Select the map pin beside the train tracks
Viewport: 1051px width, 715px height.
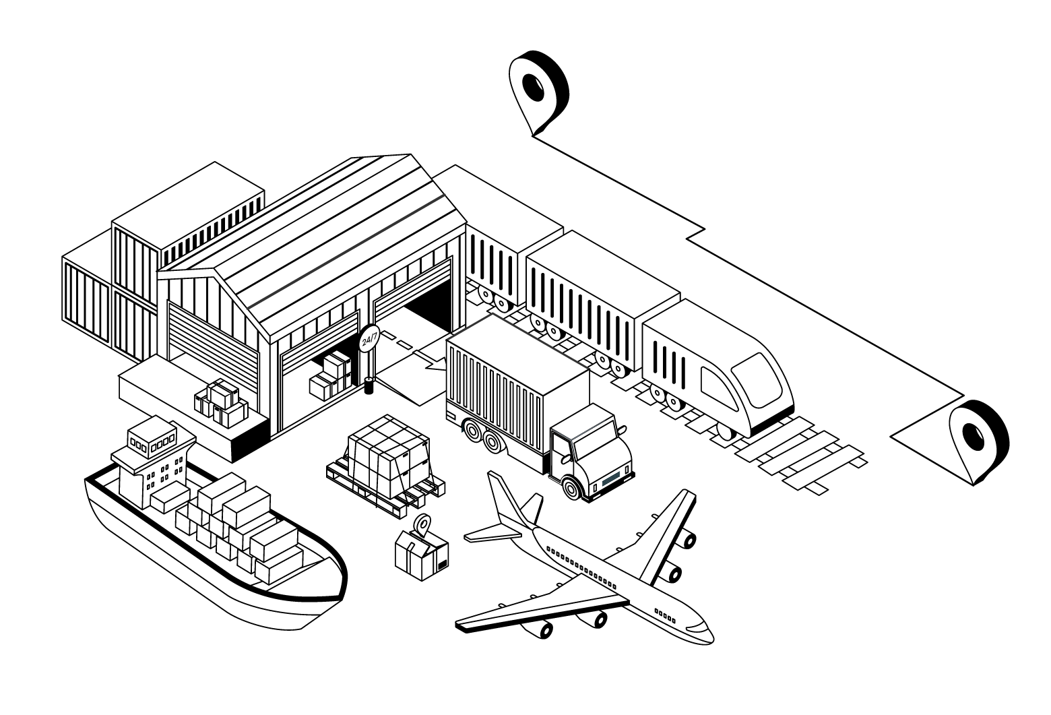coord(978,439)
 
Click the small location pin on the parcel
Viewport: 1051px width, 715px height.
coord(422,524)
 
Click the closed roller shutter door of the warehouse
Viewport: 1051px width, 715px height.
coord(212,359)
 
